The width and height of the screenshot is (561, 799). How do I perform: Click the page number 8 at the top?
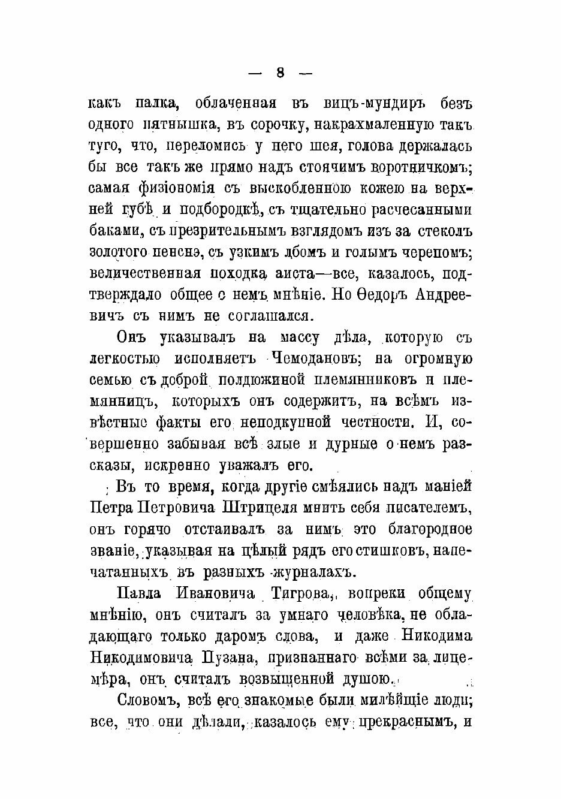pos(280,73)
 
